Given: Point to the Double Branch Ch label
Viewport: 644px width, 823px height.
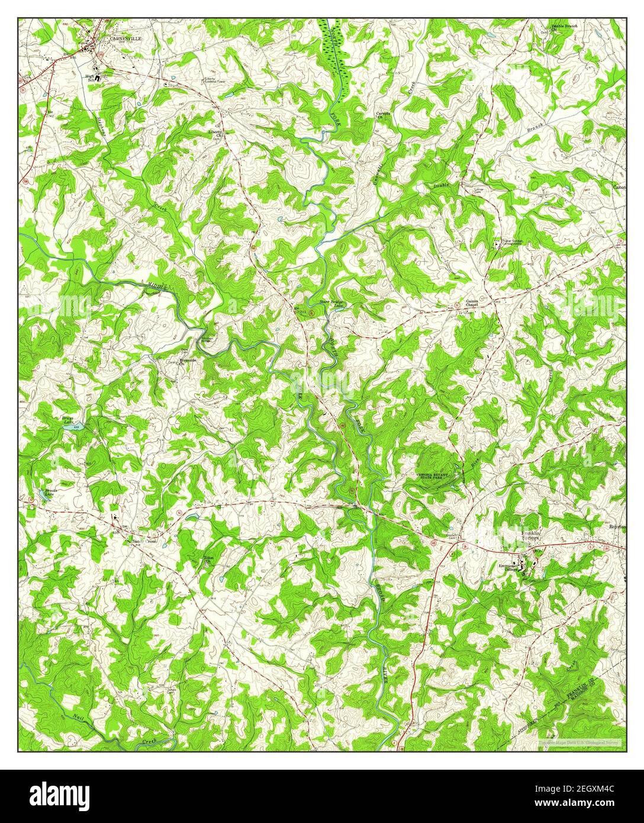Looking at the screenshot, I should coord(565,28).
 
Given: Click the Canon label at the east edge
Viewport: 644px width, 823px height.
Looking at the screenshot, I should coord(619,188).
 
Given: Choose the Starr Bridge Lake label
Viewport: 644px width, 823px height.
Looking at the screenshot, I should coord(331,303).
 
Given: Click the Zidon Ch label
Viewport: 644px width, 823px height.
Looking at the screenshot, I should coord(208,560).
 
